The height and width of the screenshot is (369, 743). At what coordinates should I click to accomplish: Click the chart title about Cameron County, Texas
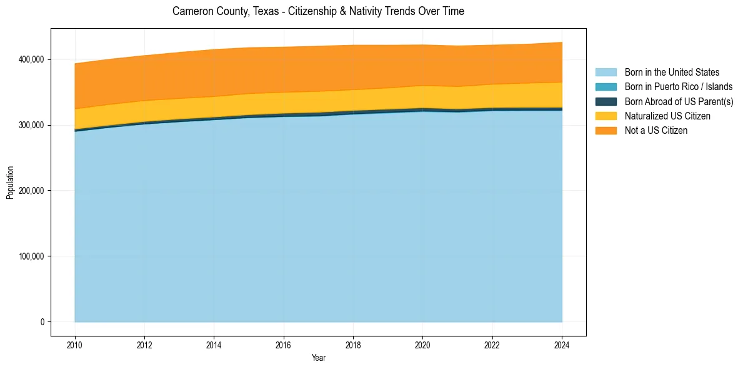318,11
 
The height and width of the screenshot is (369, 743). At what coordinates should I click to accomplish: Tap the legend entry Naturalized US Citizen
667,116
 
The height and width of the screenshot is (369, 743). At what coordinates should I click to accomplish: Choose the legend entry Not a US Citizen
656,130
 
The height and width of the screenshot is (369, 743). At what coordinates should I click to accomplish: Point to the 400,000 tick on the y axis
32,59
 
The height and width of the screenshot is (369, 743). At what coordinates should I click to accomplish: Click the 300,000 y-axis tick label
32,125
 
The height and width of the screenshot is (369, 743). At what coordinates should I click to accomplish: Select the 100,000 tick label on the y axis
32,256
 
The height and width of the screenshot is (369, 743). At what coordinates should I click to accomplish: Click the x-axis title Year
318,358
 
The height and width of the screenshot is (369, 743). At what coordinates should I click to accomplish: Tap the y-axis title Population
10,183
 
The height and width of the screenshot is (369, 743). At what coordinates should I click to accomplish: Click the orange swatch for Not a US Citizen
606,130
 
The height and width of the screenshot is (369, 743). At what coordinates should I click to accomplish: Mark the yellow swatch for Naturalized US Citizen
606,116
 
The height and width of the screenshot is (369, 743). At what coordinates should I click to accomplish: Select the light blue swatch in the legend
606,73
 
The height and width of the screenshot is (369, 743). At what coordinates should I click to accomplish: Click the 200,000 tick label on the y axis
32,191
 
